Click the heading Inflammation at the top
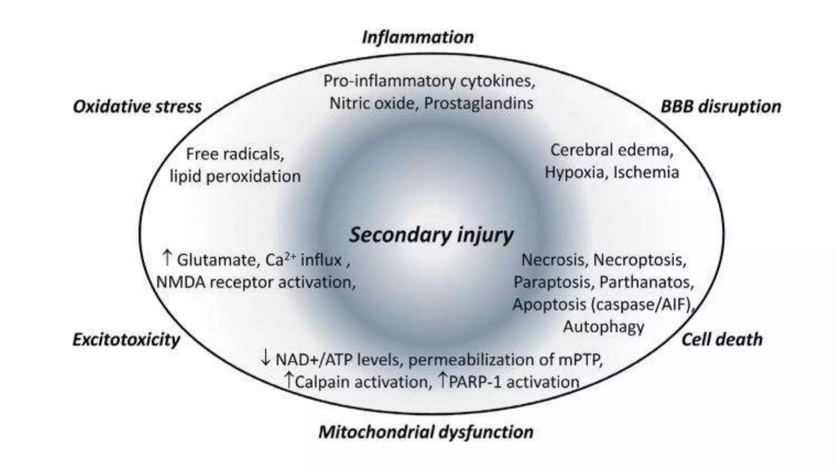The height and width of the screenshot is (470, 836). coord(418,38)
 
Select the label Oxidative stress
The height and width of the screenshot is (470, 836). coord(137,107)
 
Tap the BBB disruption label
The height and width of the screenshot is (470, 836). coord(720,107)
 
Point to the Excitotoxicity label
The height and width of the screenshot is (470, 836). coord(126,340)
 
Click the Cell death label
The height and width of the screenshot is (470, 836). coord(722,340)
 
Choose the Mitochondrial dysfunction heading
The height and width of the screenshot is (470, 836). coord(426,432)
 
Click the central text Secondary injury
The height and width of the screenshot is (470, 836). coord(431,235)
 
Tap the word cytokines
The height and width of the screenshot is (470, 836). coord(498,81)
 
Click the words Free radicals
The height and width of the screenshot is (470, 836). coord(235,154)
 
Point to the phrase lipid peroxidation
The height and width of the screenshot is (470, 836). coord(235,177)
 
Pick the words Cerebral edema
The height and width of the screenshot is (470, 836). coord(611,150)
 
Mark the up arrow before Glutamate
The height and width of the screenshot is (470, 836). coord(167,259)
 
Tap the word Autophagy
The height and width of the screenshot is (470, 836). coord(604,327)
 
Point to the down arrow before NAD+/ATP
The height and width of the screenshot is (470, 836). coord(265,359)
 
